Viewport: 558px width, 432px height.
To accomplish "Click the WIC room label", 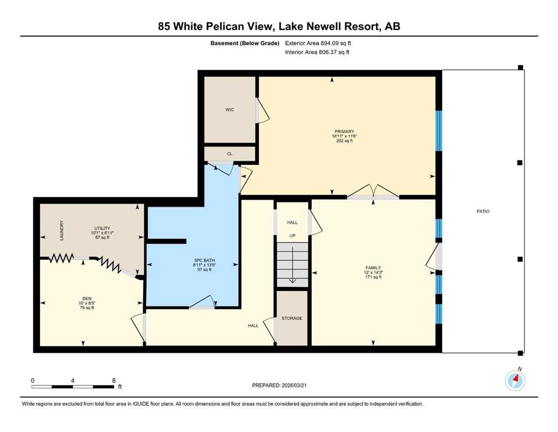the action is point(229,110).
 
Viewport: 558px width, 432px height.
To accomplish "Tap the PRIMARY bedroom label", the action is point(344,132).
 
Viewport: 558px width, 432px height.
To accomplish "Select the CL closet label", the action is point(229,154).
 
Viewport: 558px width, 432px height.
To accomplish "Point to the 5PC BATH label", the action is point(205,260).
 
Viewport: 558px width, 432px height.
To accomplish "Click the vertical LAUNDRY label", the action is point(62,231).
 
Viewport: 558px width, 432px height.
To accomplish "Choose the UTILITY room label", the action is point(102,228).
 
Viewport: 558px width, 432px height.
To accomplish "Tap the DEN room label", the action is point(87,299).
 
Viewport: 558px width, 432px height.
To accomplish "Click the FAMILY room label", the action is point(373,268).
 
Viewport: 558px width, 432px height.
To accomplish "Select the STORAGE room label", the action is point(292,318).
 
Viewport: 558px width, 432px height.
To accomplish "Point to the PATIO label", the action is point(483,211).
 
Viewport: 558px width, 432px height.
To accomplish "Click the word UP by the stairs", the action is point(292,236).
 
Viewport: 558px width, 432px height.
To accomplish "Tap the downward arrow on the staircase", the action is point(292,264).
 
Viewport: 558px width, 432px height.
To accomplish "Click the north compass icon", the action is point(515,380).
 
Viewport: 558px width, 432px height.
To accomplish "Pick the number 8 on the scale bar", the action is point(114,380).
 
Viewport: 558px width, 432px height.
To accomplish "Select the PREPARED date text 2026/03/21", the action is point(294,385).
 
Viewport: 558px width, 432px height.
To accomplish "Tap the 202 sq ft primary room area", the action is point(344,141).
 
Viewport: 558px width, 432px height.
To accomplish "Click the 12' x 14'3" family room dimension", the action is point(373,272).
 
